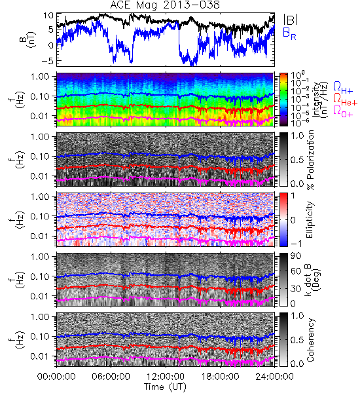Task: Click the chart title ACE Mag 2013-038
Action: point(165,5)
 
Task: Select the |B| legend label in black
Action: point(291,20)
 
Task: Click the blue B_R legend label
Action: point(289,33)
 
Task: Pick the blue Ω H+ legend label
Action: point(343,88)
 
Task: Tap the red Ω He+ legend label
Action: point(345,100)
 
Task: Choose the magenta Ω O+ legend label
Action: point(343,111)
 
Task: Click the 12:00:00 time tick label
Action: point(166,377)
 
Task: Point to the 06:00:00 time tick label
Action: point(111,377)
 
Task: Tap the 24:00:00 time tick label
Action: point(274,377)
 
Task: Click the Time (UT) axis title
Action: point(166,386)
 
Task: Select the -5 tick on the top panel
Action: point(48,61)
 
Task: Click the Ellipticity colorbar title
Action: point(310,220)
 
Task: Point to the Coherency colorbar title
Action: point(310,340)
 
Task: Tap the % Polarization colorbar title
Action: point(310,160)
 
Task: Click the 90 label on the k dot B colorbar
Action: point(296,256)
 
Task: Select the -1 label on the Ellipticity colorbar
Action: point(296,244)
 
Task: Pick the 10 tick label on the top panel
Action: point(48,16)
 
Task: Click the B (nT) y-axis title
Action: point(28,39)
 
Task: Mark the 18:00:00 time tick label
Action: point(220,377)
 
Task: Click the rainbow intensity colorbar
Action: point(283,100)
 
